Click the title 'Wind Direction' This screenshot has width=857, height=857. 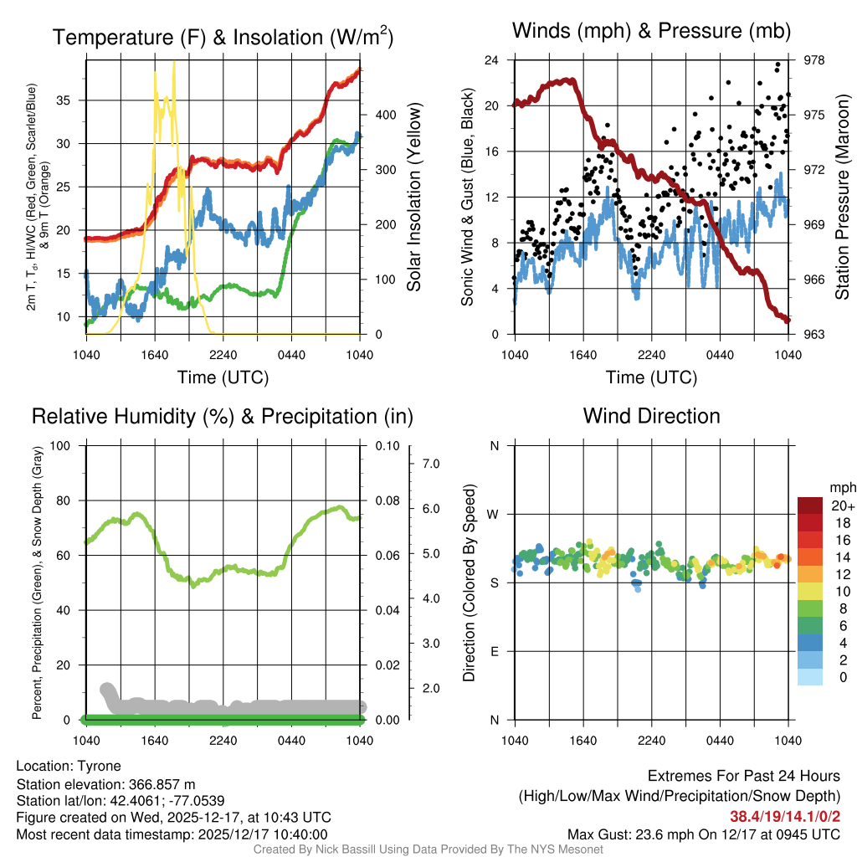coord(651,416)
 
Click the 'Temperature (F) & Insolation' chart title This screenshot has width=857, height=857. coord(223,38)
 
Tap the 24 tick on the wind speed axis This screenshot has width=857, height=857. coord(492,60)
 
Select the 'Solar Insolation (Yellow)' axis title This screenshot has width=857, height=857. coord(413,198)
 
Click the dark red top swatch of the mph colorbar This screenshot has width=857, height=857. coord(811,505)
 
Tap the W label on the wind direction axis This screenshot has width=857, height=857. coord(494,514)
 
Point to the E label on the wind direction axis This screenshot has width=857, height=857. coord(494,651)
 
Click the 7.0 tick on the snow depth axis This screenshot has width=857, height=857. coord(432,463)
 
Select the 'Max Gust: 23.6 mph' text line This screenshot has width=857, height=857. coord(704,834)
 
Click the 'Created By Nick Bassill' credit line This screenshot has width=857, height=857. coord(428,849)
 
